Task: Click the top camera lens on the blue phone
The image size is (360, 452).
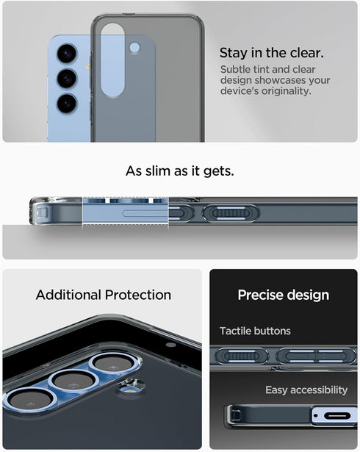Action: pyautogui.click(x=67, y=53)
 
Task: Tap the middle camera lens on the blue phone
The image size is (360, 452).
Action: pyautogui.click(x=67, y=77)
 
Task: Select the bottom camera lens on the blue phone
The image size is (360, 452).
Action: pyautogui.click(x=67, y=101)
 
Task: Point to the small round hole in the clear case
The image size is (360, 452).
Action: pyautogui.click(x=134, y=48)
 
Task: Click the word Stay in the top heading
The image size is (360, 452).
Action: pyautogui.click(x=234, y=53)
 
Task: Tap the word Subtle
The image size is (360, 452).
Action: pyautogui.click(x=237, y=69)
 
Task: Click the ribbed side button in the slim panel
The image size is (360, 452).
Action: pyautogui.click(x=230, y=213)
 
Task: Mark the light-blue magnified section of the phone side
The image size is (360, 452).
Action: pyautogui.click(x=125, y=213)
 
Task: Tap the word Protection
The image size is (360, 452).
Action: pyautogui.click(x=137, y=295)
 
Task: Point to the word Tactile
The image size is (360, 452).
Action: pyautogui.click(x=234, y=331)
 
